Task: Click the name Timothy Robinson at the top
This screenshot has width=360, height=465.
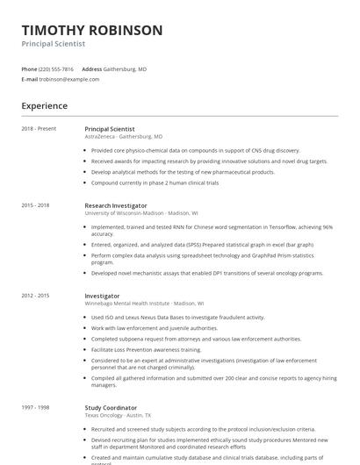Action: click(92, 30)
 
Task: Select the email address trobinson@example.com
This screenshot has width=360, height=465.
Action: click(69, 79)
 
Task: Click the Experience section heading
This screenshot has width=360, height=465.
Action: click(45, 106)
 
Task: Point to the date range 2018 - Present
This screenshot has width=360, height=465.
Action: click(39, 129)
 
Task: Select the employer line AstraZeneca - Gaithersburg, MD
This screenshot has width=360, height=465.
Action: click(124, 137)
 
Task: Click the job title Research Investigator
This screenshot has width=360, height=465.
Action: click(116, 205)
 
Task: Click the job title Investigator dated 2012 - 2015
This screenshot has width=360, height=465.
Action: click(102, 296)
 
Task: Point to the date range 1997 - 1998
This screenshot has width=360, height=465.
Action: click(35, 408)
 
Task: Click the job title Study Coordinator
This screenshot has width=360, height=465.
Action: click(111, 408)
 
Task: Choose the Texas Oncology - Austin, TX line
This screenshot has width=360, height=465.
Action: click(118, 415)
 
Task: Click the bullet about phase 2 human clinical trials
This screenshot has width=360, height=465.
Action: click(155, 182)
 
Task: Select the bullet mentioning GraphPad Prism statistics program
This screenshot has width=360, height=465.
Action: click(202, 258)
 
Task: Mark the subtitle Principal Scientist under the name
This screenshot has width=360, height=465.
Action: click(54, 44)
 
